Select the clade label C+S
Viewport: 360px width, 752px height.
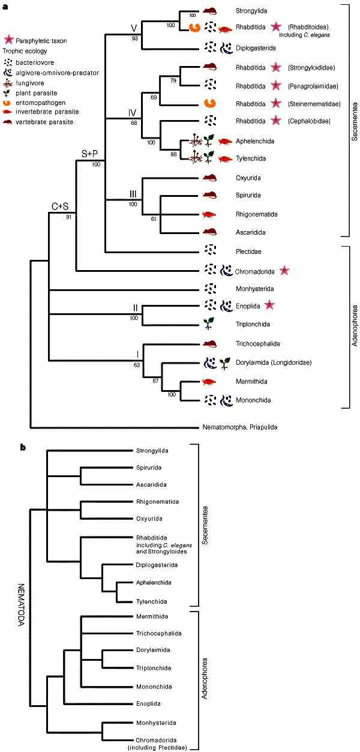(59, 207)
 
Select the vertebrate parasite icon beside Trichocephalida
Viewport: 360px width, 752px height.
(210, 343)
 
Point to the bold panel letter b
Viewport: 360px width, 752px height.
(23, 430)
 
